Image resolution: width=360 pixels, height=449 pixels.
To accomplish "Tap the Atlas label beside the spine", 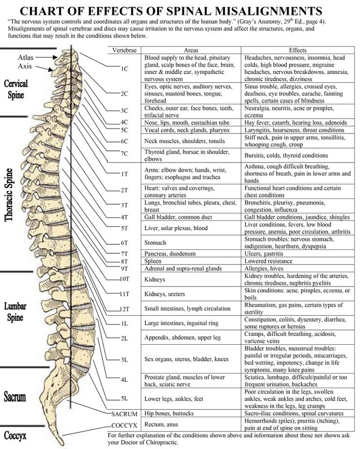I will pos(26,57).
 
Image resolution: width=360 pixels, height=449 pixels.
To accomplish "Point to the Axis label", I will pos(25,66).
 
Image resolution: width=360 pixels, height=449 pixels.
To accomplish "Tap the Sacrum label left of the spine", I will pos(15,396).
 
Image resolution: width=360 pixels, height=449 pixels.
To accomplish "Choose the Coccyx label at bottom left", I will pos(15,435).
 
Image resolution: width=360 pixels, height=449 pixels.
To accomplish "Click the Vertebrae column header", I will pos(124,50).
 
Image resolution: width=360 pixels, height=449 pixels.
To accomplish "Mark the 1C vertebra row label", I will pos(124,69).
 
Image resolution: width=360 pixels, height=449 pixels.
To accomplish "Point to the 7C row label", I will pos(124,154).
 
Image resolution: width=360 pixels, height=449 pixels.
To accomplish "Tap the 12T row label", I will pos(124,309).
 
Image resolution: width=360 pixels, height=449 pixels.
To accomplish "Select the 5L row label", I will pos(124,398).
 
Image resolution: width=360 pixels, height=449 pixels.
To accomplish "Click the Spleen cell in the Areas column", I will pos(154,261).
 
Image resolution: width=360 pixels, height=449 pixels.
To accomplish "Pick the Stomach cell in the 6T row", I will pos(156,242).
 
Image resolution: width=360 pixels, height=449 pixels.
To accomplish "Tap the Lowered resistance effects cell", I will pos(269,261).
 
